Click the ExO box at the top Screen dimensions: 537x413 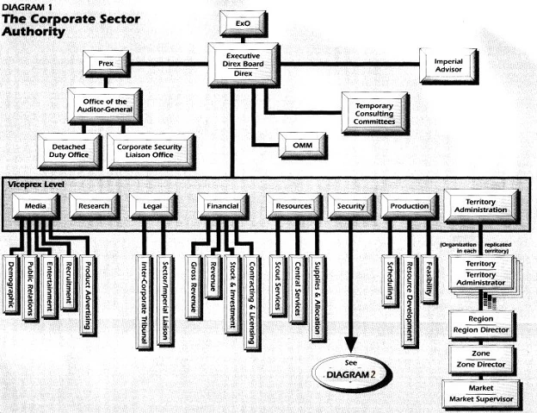coord(243,23)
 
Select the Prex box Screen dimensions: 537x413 coord(106,64)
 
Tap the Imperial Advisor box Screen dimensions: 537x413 coord(448,66)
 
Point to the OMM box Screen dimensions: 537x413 coord(303,146)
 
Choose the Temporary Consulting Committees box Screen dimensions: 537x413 coord(375,114)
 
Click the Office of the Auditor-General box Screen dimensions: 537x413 coord(104,106)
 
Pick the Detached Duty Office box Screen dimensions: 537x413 coord(69,151)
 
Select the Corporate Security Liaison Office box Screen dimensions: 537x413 coord(151,151)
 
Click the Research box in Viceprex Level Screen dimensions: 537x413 coord(94,206)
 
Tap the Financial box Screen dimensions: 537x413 coord(223,206)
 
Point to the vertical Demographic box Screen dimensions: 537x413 coord(11,285)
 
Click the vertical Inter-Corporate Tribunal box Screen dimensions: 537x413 coord(145,302)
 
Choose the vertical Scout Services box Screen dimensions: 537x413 coord(278,285)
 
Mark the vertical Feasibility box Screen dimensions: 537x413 coord(429,279)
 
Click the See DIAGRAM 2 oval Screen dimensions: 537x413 coord(350,372)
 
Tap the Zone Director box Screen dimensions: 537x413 coord(481,360)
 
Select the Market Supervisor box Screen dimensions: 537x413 coord(482,394)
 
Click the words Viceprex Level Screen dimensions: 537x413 coord(36,185)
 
